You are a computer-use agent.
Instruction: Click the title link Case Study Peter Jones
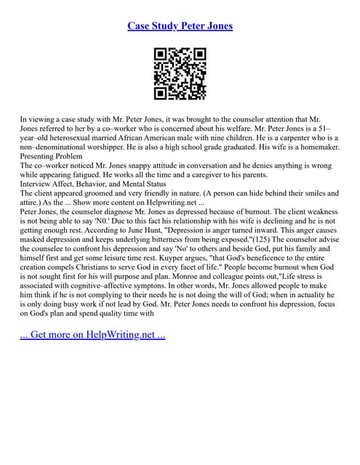180,26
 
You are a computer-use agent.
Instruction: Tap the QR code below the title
180,73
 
